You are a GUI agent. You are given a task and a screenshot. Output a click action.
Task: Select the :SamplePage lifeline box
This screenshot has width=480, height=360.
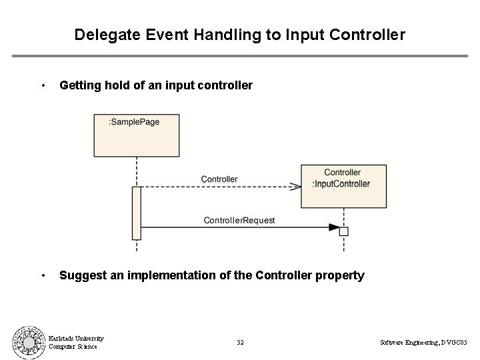(137, 136)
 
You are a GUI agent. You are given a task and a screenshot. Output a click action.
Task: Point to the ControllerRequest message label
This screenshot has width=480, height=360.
(239, 220)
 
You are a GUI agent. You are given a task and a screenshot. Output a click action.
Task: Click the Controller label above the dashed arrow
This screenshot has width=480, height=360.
(219, 179)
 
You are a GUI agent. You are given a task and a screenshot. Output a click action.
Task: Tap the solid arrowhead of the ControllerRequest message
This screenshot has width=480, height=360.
(333, 227)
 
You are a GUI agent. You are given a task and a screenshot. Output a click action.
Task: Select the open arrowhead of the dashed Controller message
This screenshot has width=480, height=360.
(295, 187)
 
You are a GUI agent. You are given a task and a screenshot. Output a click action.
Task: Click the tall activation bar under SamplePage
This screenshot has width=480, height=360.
(137, 213)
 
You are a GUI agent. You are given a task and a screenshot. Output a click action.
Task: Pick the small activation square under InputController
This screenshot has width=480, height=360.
(344, 231)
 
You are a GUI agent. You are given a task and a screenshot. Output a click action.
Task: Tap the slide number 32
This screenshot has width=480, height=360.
(240, 342)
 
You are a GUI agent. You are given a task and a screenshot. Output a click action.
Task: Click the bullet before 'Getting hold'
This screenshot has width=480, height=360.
(43, 85)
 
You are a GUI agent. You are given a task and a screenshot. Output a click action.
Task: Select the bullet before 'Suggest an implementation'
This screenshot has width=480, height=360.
(43, 275)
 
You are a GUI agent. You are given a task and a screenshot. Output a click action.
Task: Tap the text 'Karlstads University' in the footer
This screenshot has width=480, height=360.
(76, 338)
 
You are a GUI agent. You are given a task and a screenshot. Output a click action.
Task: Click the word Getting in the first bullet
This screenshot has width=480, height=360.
(81, 85)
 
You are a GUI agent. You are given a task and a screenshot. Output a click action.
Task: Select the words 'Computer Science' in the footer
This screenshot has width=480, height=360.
(73, 346)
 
